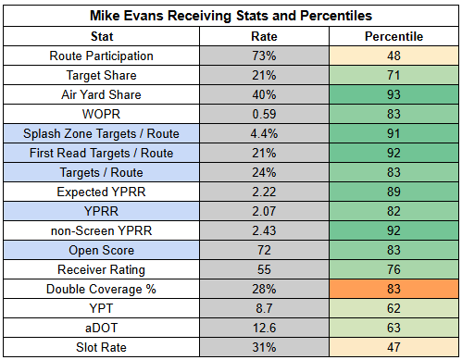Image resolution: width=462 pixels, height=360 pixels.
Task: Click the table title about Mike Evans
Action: tap(231, 16)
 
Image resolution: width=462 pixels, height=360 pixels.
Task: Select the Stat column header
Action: tap(102, 36)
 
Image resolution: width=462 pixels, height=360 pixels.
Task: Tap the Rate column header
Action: tap(264, 36)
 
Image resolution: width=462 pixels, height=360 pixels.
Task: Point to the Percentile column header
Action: tap(393, 36)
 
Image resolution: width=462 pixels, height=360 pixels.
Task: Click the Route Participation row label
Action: tap(101, 56)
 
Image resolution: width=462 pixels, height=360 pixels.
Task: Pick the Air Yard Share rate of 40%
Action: tap(264, 94)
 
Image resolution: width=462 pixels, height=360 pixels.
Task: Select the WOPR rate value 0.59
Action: tap(264, 114)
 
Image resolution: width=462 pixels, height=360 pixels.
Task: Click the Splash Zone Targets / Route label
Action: tap(101, 133)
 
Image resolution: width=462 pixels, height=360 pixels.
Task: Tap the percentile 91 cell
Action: tap(393, 133)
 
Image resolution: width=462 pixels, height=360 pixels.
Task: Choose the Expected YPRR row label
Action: tap(101, 192)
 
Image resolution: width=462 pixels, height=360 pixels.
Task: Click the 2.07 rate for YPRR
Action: tap(264, 211)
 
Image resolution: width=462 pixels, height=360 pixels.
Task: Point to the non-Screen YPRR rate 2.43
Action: tap(264, 230)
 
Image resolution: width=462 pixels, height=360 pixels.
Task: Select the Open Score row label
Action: tap(101, 250)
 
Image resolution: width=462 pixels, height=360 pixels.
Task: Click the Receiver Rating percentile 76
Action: tap(393, 269)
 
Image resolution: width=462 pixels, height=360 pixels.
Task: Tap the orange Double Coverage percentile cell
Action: tap(393, 289)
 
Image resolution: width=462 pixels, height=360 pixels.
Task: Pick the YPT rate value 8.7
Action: tap(264, 308)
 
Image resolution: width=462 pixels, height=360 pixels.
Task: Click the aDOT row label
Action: tap(101, 328)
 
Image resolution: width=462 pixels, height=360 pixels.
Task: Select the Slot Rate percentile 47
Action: tap(393, 347)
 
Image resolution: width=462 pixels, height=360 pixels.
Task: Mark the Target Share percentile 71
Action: tap(393, 75)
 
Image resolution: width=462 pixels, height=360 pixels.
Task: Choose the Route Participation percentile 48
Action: tap(393, 56)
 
